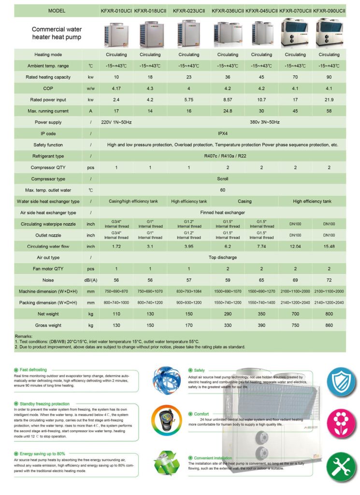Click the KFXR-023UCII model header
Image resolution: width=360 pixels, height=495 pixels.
click(x=188, y=10)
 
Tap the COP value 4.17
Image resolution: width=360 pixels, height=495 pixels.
click(x=116, y=88)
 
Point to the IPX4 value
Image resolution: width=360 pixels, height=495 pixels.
click(x=222, y=133)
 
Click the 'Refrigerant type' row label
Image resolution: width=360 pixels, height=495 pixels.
click(x=48, y=156)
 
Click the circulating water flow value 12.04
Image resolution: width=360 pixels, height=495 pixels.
click(x=295, y=247)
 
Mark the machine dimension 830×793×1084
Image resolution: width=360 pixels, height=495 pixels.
click(x=188, y=291)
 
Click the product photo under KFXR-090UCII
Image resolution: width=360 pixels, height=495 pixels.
click(x=330, y=33)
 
